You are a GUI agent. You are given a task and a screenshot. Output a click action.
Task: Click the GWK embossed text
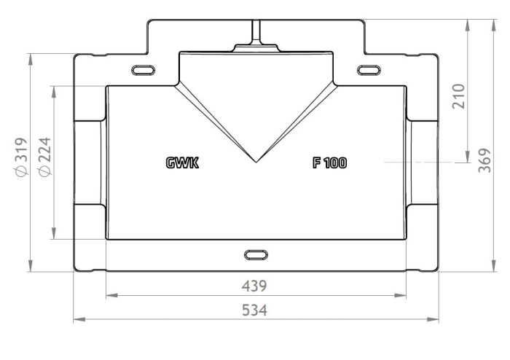click(x=182, y=163)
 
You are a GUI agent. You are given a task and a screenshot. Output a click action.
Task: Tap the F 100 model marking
click(x=330, y=163)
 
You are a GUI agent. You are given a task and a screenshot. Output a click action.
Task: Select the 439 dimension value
click(x=254, y=286)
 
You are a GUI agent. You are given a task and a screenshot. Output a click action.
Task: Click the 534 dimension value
click(x=254, y=310)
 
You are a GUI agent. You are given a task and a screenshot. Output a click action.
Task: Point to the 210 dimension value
click(x=458, y=96)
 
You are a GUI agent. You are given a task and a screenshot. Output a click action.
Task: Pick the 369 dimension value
click(x=484, y=160)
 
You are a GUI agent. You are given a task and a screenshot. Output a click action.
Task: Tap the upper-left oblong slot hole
click(x=143, y=70)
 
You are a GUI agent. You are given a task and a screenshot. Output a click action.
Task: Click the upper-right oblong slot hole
click(x=369, y=70)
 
